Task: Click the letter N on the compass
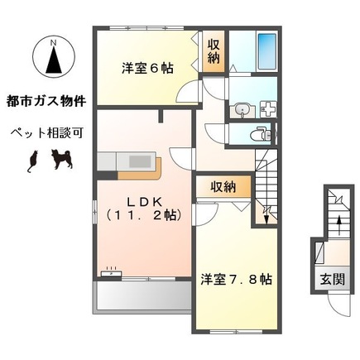tap(52, 41)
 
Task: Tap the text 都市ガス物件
tap(46, 103)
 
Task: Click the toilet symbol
tap(259, 134)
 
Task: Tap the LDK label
tap(143, 200)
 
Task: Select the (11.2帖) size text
tap(143, 216)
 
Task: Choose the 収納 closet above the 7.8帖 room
tap(222, 187)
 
